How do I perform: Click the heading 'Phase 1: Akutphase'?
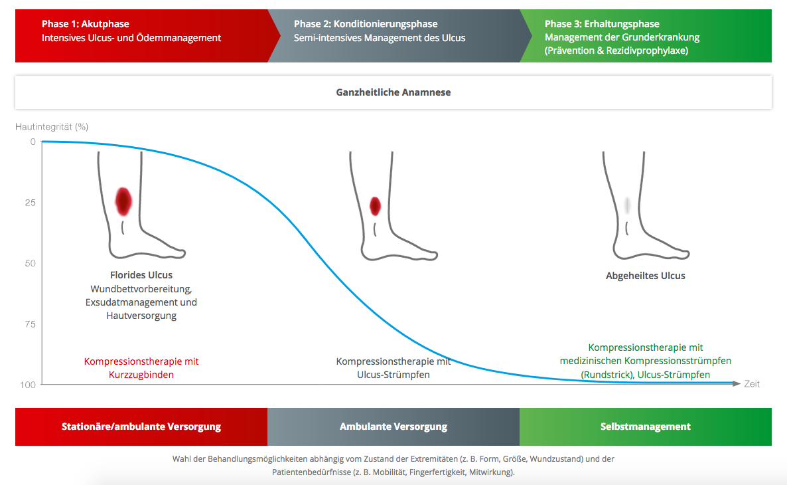click(86, 24)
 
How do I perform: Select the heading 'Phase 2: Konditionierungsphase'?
click(366, 24)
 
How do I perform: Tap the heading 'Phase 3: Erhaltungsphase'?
click(602, 24)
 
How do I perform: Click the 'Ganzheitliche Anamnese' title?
click(393, 92)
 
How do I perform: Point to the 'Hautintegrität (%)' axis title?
click(52, 127)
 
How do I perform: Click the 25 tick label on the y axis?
click(30, 203)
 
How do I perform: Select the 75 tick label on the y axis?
click(30, 324)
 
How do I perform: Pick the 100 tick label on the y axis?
click(28, 385)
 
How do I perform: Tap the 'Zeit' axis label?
click(752, 384)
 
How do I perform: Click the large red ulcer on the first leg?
click(123, 201)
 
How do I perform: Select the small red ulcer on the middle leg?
click(375, 206)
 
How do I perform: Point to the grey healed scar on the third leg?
click(627, 205)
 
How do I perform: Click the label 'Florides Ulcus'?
click(141, 275)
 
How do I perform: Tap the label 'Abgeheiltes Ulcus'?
click(646, 276)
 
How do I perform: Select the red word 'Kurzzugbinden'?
click(141, 375)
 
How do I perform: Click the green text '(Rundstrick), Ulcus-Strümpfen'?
click(646, 375)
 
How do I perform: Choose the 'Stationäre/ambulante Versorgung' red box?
click(141, 427)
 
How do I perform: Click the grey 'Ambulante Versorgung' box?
click(393, 427)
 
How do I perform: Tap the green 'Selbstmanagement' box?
click(646, 427)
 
